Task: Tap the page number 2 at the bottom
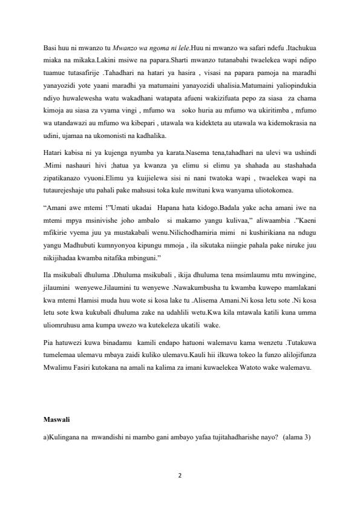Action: [180, 475]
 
